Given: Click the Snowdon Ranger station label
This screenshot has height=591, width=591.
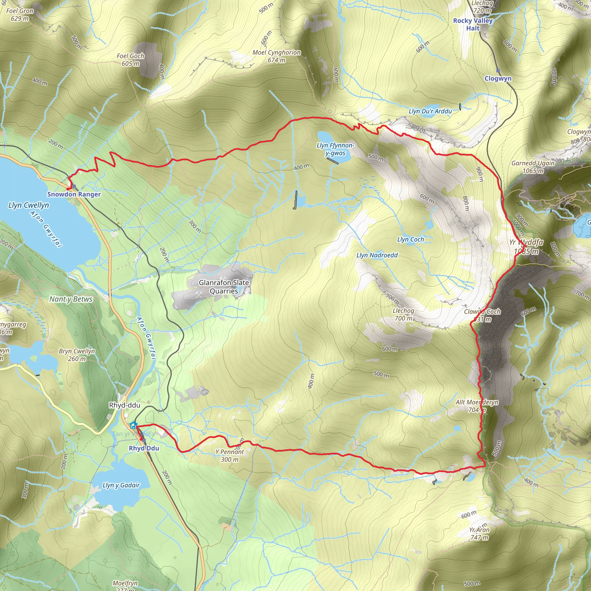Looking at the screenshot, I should tap(74, 194).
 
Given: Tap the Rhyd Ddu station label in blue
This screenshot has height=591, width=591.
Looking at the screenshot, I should tap(144, 448).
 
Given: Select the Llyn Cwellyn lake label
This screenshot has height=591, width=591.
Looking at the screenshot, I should tap(29, 205).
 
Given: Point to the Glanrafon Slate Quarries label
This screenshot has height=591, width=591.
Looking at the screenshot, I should tap(224, 287).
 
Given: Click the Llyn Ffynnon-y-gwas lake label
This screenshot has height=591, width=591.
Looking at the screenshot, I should tap(335, 149).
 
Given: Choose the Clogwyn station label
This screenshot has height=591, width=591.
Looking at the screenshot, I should tap(498, 78).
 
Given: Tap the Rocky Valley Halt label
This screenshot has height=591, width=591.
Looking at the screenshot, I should tap(473, 25).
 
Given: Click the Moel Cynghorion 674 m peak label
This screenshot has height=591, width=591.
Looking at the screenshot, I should tap(276, 56).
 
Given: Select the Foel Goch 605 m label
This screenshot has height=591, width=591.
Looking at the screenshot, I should tap(130, 60).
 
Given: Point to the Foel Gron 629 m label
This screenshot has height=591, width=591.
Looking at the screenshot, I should tap(20, 15).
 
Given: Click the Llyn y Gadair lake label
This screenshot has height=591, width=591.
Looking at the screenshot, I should tap(121, 485).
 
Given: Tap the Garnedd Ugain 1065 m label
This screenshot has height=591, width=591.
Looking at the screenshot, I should tap(533, 167).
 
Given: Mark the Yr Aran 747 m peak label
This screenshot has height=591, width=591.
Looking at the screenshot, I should tap(479, 534).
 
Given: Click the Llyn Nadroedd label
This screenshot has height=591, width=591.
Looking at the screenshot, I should tap(377, 255).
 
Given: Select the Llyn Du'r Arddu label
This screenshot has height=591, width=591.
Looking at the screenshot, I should tap(430, 111).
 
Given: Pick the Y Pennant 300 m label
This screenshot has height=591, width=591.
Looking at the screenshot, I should tap(229, 455).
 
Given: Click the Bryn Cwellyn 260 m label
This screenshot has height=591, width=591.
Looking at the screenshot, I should tap(77, 355).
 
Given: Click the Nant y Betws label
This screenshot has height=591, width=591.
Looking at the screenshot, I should tap(71, 299).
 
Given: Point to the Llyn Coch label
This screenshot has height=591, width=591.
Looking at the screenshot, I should tap(411, 240).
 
